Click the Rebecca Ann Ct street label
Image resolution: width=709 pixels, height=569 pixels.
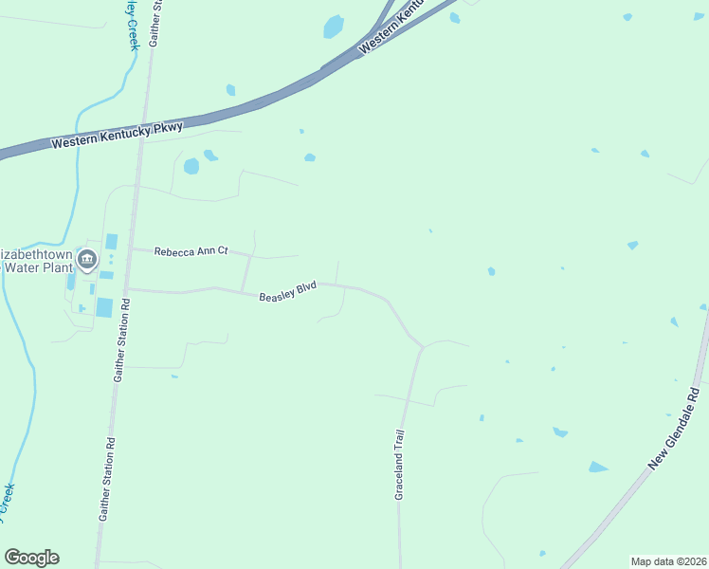(191, 251)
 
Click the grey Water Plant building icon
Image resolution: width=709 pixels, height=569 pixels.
(87, 259)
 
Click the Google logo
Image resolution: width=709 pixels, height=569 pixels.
(31, 558)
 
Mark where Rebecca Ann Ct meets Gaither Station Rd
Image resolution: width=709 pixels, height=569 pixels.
(130, 249)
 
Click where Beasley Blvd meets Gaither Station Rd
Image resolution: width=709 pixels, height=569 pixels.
(127, 289)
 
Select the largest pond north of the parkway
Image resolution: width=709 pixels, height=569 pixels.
(333, 26)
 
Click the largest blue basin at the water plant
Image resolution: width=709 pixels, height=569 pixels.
(103, 307)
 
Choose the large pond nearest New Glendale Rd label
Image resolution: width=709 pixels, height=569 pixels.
(597, 467)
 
